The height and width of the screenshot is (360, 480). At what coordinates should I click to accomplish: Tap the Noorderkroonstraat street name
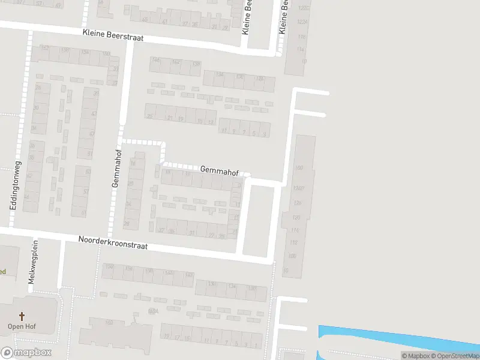pyautogui.click(x=113, y=242)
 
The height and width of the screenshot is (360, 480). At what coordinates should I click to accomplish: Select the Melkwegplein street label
pyautogui.click(x=32, y=264)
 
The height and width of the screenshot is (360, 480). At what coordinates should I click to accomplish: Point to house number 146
pyautogui.click(x=157, y=61)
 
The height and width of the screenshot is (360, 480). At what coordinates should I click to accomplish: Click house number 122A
pyautogui.click(x=302, y=22)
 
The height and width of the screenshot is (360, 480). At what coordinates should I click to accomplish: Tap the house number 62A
pyautogui.click(x=153, y=311)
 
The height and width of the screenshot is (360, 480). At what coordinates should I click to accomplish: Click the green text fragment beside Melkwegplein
pyautogui.click(x=2, y=272)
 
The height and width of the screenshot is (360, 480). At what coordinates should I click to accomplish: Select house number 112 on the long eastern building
pyautogui.click(x=293, y=242)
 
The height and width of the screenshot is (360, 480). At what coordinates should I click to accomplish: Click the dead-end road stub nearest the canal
pyautogui.click(x=294, y=328)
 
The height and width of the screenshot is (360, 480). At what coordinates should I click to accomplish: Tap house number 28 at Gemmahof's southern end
pyautogui.click(x=127, y=223)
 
